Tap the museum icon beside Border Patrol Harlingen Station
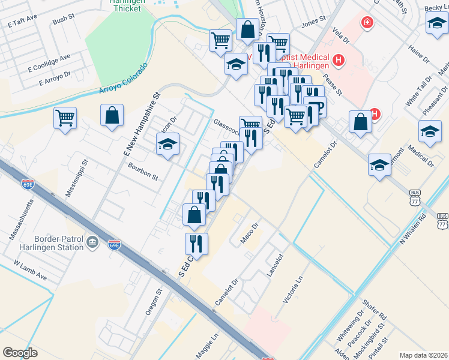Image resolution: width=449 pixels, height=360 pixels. click(92, 242)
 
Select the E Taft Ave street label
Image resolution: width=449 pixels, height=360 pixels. click(23, 22)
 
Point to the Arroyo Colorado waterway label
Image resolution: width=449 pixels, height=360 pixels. click(123, 79)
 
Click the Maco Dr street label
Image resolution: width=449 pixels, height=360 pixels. click(249, 233)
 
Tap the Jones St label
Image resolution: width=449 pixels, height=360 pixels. click(313, 23)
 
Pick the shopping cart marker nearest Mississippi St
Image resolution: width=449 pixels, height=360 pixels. click(65, 117)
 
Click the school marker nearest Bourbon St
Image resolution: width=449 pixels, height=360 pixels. click(168, 143)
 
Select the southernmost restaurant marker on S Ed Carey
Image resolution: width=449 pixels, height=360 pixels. click(196, 244)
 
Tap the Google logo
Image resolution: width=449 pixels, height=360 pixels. click(20, 353)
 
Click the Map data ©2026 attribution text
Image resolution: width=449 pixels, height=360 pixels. click(423, 355)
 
